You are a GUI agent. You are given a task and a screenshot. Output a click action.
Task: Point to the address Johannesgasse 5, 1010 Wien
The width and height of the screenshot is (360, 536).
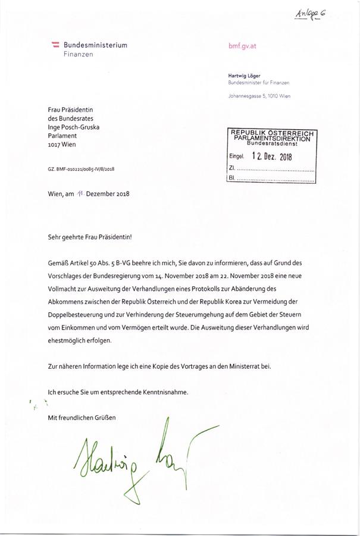point(259,96)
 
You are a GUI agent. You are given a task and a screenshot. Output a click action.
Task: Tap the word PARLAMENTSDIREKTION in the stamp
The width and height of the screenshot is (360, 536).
point(272,138)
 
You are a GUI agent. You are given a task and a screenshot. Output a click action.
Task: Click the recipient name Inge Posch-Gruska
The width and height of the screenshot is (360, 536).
point(73,127)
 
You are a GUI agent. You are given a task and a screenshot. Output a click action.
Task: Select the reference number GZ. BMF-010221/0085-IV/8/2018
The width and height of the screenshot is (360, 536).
point(81,168)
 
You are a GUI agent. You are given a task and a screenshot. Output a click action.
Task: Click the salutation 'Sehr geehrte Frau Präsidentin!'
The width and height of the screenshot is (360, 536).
point(90,236)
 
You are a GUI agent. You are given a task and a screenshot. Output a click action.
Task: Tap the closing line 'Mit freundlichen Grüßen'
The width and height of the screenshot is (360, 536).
point(82,418)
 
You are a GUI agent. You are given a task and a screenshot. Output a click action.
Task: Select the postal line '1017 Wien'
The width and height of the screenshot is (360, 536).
point(62,143)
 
